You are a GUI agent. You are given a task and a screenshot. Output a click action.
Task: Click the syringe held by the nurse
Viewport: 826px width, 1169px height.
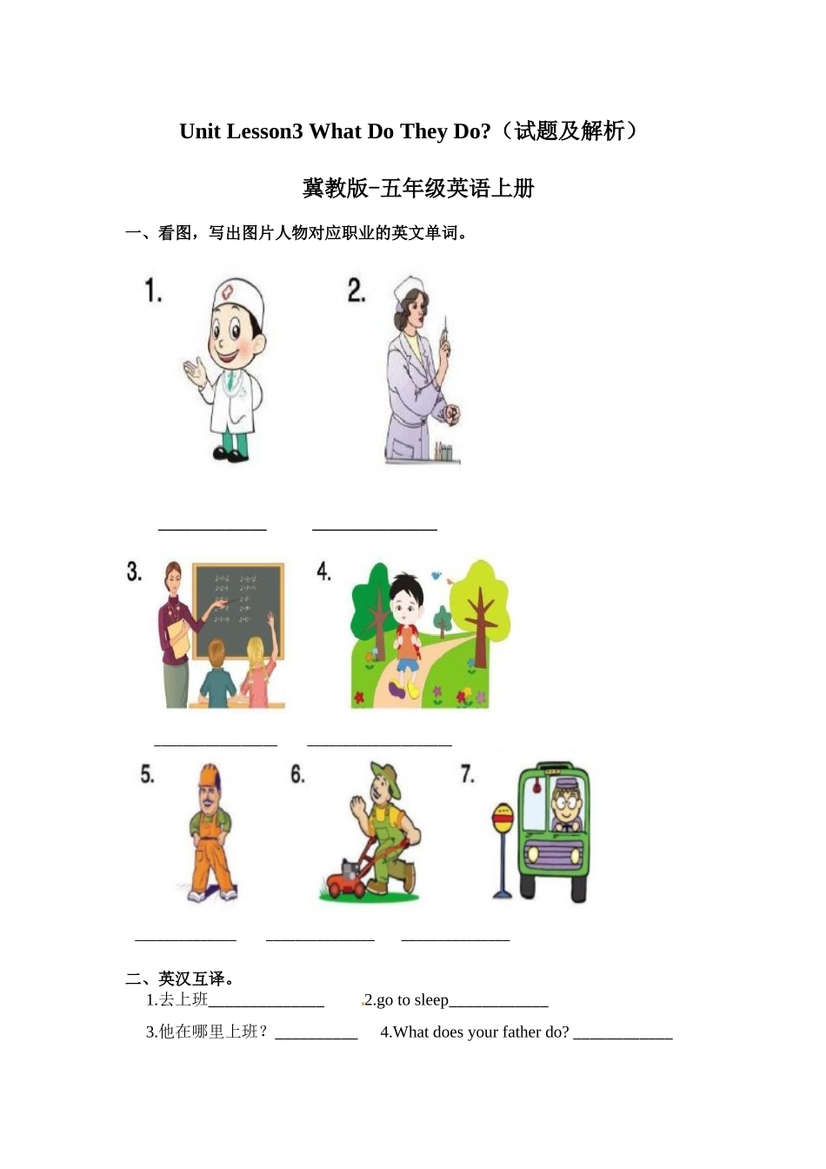[x=445, y=335]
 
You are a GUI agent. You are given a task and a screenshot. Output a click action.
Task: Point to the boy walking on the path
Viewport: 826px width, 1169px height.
[x=406, y=631]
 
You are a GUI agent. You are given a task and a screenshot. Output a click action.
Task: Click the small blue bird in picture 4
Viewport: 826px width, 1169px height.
[x=436, y=576]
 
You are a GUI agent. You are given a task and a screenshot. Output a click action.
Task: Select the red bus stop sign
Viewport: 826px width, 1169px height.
[x=503, y=818]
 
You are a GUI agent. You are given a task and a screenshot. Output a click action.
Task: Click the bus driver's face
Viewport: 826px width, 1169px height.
[x=566, y=805]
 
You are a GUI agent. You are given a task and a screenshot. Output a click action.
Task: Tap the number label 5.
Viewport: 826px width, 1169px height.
[x=148, y=774]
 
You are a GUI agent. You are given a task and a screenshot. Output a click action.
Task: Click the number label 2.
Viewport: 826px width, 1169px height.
[x=356, y=291]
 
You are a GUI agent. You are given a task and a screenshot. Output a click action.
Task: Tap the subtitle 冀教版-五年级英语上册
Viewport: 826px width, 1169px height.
[x=418, y=189]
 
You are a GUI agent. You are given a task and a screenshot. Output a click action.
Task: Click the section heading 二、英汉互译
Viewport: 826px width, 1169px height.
[x=180, y=979]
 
